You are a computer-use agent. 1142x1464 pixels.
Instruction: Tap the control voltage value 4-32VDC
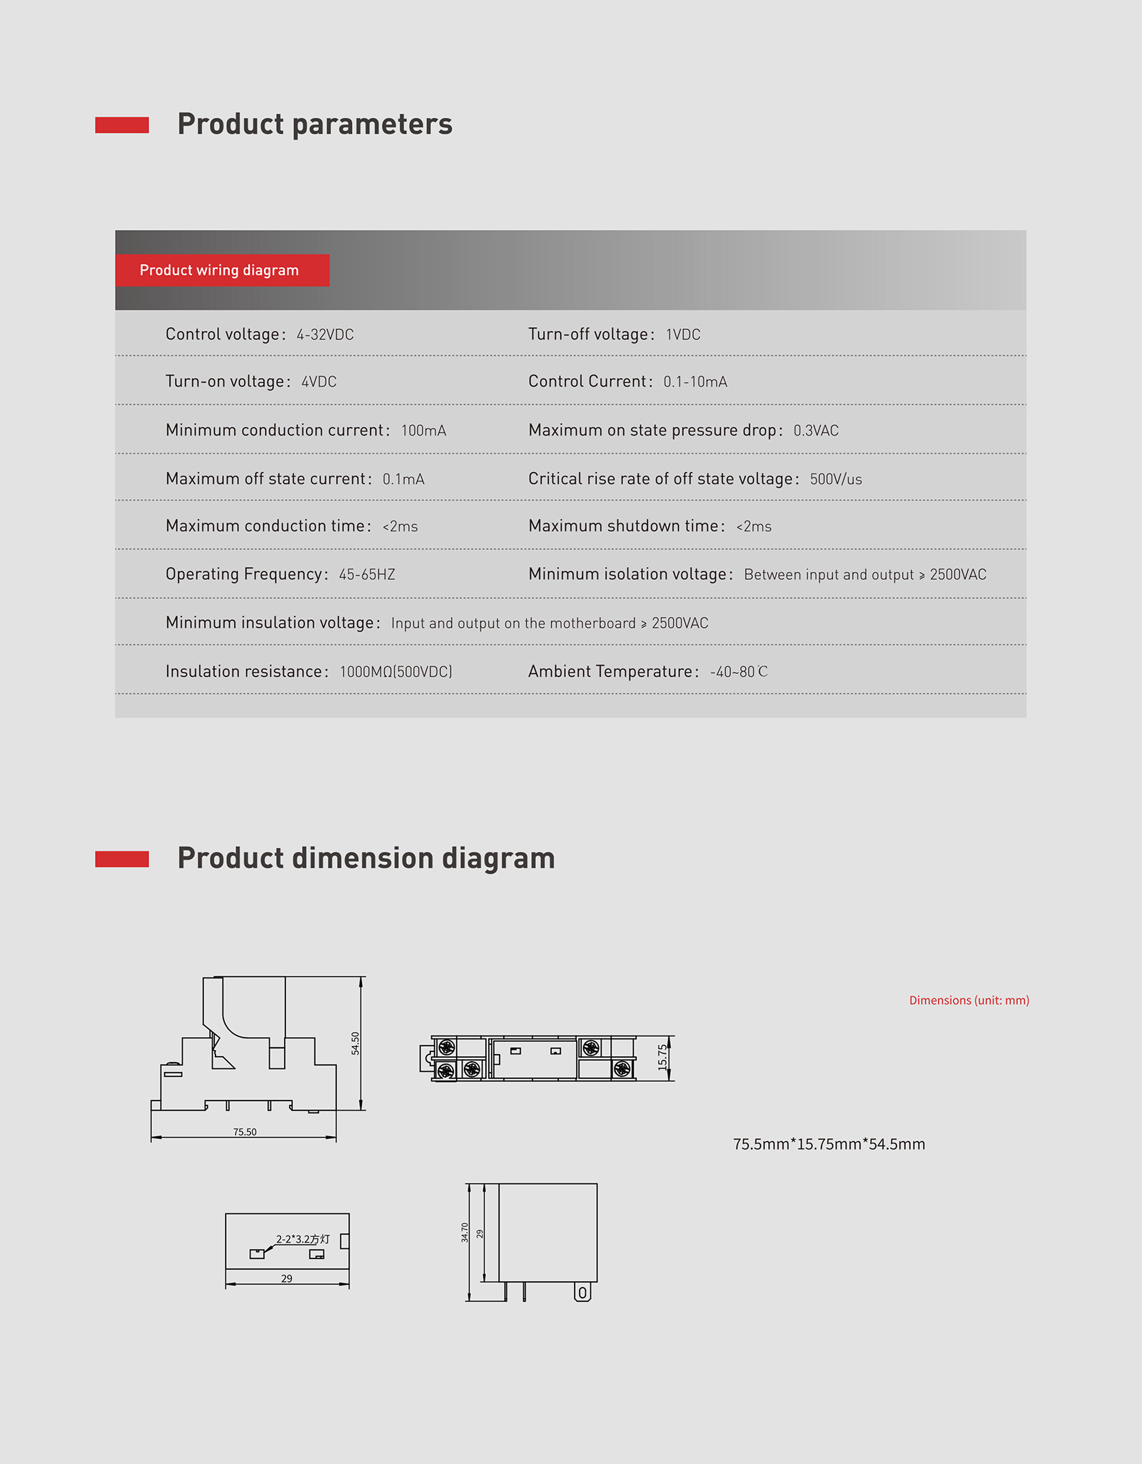325,335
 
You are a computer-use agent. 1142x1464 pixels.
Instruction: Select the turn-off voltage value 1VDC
683,335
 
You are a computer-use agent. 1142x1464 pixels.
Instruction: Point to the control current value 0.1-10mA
695,382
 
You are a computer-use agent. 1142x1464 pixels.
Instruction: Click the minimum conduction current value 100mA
423,431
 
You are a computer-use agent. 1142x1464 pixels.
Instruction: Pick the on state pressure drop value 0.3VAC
816,431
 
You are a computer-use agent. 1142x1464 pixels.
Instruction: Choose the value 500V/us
836,479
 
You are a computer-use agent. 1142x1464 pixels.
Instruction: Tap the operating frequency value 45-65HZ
367,575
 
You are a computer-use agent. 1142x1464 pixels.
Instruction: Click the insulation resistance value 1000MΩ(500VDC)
395,672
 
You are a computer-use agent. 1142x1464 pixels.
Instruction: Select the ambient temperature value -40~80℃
739,672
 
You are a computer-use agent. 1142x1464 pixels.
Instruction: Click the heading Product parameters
315,124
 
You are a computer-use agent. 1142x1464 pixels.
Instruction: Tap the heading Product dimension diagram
365,858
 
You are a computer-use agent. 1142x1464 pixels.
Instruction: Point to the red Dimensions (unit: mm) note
969,1001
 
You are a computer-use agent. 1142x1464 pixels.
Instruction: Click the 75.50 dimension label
245,1132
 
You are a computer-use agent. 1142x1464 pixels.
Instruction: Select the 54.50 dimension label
355,1043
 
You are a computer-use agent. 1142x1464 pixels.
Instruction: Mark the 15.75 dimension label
662,1058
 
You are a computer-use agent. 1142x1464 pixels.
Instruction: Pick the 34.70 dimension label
465,1233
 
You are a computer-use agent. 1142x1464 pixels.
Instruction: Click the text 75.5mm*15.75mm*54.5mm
829,1144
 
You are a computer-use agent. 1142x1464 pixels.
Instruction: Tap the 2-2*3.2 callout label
303,1239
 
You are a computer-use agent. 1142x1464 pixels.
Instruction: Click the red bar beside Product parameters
122,125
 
